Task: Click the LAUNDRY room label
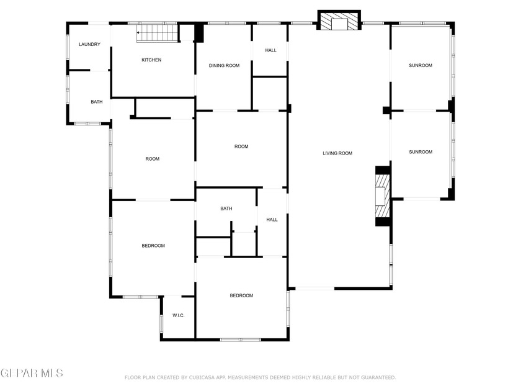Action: [89, 45]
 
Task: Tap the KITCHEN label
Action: [151, 60]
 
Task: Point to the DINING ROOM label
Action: [224, 65]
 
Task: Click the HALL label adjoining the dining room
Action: [270, 50]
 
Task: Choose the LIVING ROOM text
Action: [337, 153]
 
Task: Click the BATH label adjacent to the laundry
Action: [97, 102]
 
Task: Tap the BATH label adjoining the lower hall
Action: [226, 209]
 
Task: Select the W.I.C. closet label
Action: [179, 316]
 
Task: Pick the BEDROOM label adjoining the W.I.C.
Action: [153, 246]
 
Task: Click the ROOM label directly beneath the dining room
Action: [241, 146]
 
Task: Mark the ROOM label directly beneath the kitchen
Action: [153, 159]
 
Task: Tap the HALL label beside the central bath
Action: [272, 220]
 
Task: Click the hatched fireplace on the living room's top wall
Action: [339, 22]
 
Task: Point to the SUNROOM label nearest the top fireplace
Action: [421, 65]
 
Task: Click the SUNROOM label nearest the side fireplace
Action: [421, 152]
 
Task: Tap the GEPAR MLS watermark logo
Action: [32, 373]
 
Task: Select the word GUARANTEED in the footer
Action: [374, 377]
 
